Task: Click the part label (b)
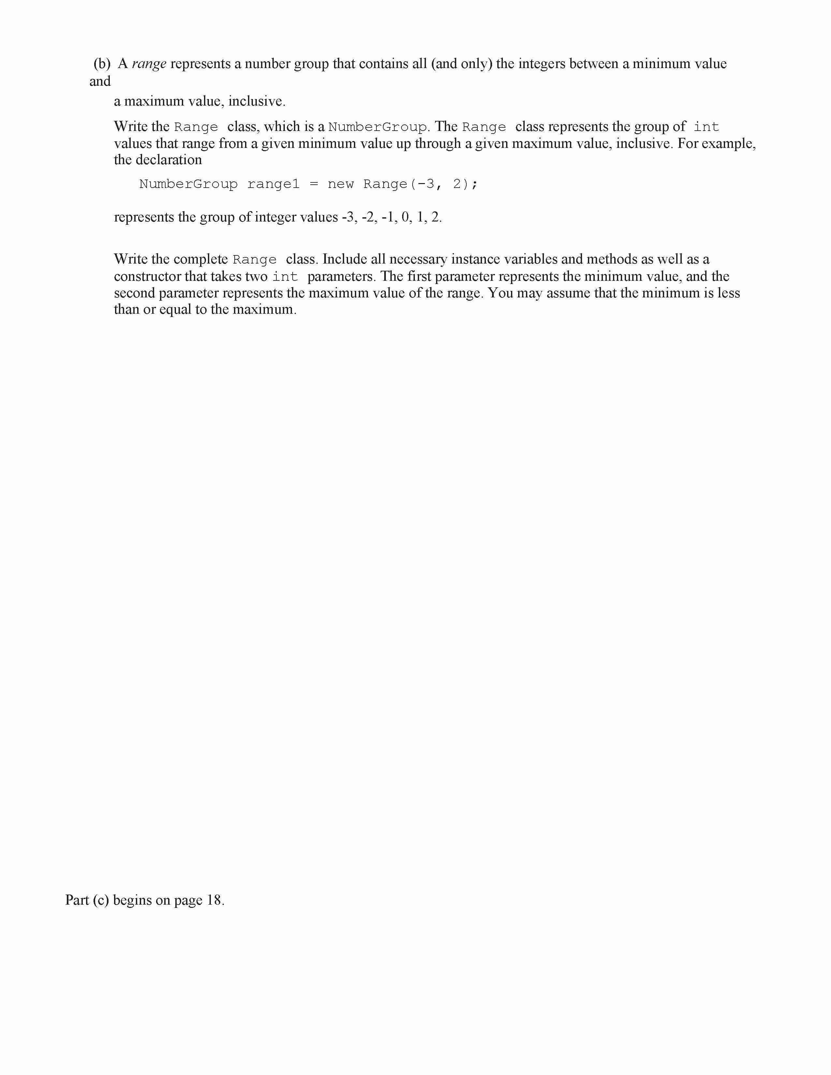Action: pos(102,64)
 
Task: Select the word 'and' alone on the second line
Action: pos(100,82)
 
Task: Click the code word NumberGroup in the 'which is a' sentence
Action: pos(378,127)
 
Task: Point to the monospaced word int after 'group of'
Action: pos(707,127)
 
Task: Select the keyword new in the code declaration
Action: pos(341,184)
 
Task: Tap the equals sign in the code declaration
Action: pos(313,184)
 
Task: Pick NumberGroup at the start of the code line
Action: pos(188,184)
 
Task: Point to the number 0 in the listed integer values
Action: pos(405,218)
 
